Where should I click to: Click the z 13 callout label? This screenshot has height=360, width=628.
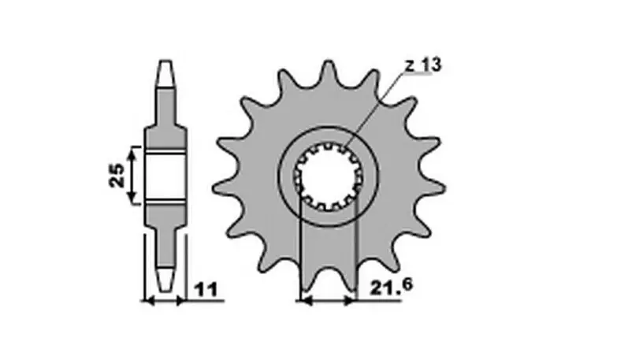[x=422, y=65]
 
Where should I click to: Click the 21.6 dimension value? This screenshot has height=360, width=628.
[x=391, y=287]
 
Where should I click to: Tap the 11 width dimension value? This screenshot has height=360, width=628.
[x=206, y=290]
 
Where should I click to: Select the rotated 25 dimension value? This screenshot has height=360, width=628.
[x=117, y=175]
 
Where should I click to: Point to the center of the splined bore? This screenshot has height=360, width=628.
[x=329, y=176]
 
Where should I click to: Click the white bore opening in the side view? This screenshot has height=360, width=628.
[x=165, y=176]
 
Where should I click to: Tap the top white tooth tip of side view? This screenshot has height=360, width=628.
[x=165, y=73]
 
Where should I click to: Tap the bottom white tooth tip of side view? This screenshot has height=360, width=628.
[x=165, y=280]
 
